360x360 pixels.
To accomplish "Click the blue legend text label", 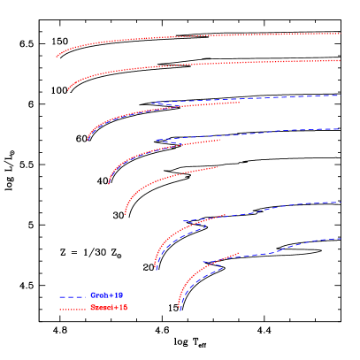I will point(107,295).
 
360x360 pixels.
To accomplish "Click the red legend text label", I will point(109,308).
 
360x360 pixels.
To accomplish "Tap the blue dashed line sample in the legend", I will point(73,297).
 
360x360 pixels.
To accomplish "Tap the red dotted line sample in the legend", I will point(73,310).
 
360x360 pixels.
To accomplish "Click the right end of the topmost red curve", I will point(341,34).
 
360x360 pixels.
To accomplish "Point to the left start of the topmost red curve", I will point(57,57).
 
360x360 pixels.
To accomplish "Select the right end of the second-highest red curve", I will point(341,61).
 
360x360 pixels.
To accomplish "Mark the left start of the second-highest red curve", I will point(68,90).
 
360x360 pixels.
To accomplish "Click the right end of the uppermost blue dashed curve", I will point(339,96).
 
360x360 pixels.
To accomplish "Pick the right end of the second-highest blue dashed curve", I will point(340,129).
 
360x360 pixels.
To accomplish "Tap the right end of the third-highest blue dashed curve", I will point(341,203).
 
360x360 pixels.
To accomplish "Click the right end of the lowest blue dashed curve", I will point(341,239).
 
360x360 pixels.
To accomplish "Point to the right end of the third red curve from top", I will point(241,102).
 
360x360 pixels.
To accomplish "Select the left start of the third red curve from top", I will point(88,140).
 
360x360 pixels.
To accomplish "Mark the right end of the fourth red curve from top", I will point(221,139).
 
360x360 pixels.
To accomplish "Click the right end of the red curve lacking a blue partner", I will point(217,166).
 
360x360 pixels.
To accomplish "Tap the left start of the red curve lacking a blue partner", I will point(125,214).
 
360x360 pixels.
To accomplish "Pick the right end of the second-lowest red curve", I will point(226,214).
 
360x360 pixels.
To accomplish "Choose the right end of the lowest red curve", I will point(240,253).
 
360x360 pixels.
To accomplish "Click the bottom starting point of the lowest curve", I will point(180,309).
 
